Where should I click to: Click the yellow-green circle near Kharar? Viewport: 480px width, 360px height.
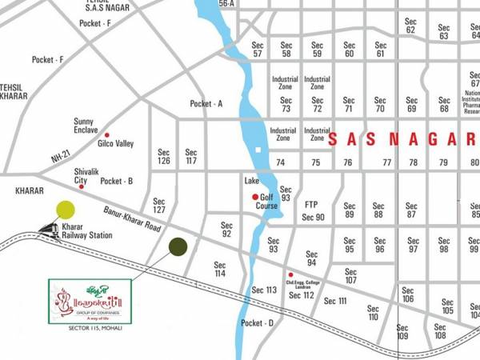tap(66, 210)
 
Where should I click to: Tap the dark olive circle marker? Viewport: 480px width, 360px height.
tap(178, 246)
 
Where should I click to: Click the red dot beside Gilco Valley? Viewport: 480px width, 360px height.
tap(106, 135)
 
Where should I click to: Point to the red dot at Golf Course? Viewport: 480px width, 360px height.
tap(255, 197)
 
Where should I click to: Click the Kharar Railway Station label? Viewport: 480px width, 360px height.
tap(86, 232)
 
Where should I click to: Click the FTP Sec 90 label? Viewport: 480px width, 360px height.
tap(313, 210)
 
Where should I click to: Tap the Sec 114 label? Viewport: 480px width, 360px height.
tap(220, 269)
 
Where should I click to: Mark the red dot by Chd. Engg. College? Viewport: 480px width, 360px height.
tap(290, 274)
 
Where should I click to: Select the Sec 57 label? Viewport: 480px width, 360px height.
tap(258, 50)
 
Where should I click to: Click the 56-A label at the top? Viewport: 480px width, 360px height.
tap(226, 4)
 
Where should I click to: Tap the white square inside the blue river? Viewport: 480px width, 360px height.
tap(258, 150)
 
